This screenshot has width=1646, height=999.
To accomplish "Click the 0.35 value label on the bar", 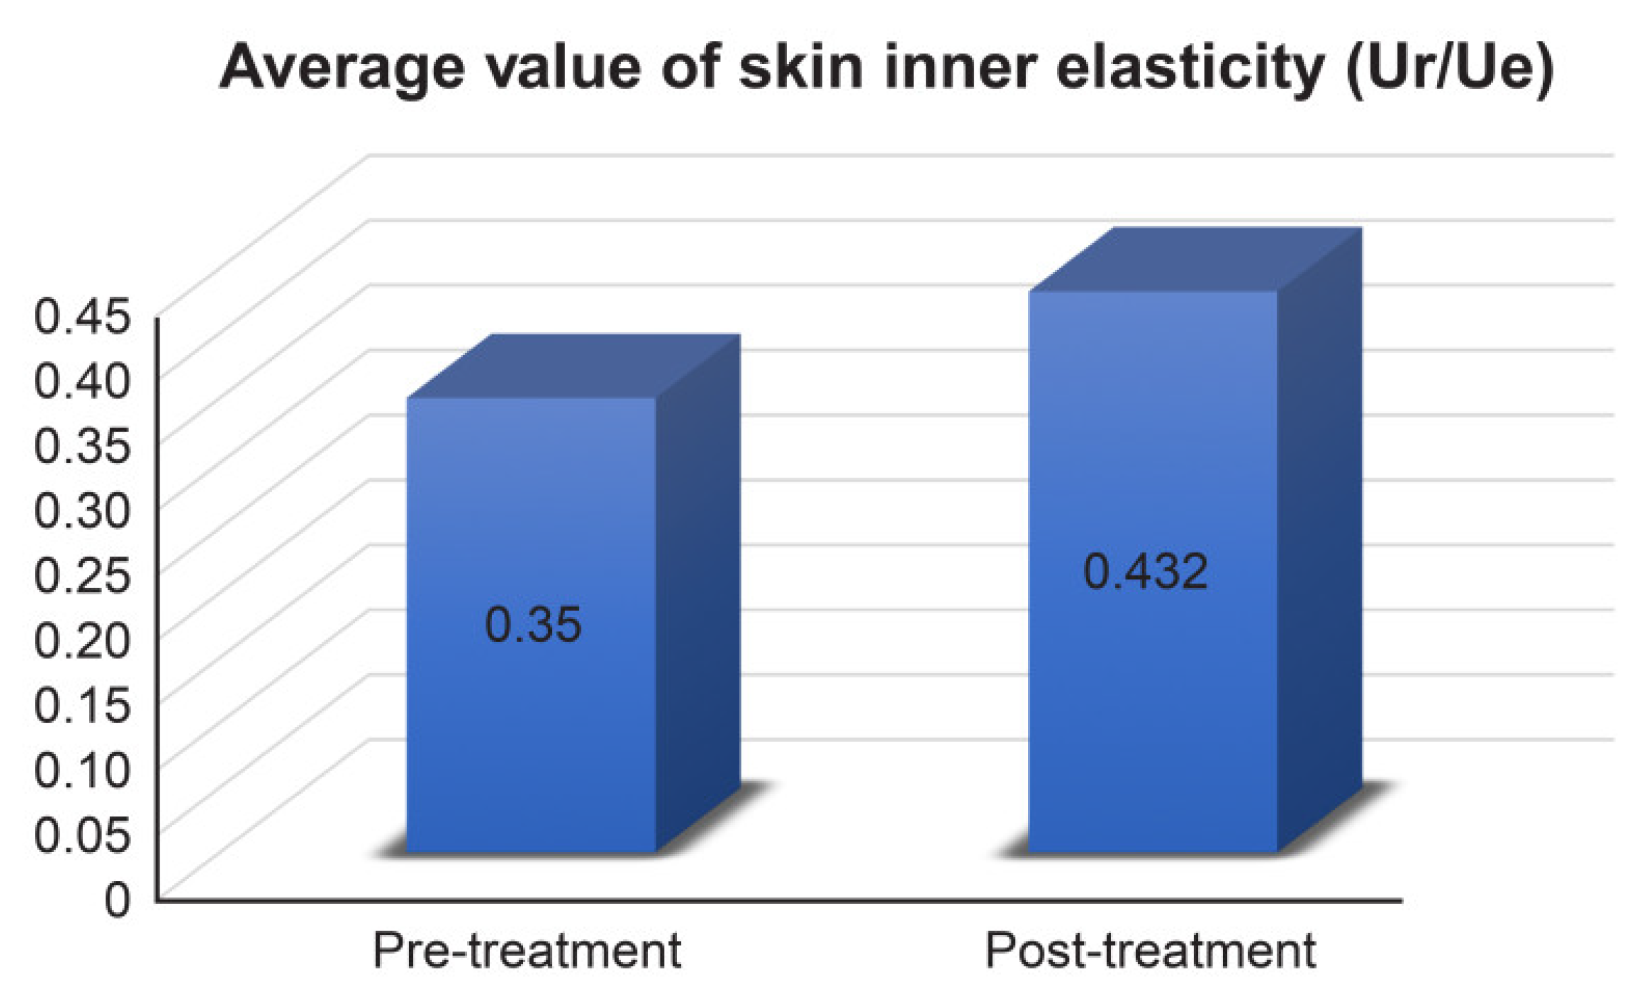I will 532,626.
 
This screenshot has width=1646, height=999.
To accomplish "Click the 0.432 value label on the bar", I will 1145,572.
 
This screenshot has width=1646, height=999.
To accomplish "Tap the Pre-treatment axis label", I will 526,950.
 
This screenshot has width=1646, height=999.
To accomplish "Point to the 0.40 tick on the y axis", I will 81,381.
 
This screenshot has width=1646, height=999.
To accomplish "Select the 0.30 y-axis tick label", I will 81,511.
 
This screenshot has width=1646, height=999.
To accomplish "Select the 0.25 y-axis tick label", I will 81,575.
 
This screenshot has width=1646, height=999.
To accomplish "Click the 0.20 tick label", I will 81,640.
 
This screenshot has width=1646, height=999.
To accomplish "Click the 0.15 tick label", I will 81,705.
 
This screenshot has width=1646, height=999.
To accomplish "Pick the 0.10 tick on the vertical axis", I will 81,770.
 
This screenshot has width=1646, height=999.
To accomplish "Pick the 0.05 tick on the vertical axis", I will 81,835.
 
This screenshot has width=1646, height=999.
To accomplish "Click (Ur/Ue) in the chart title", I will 1449,69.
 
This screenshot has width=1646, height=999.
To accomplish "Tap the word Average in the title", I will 341,69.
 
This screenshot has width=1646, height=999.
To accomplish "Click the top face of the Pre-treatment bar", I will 575,366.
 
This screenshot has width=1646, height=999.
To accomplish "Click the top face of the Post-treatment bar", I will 1196,259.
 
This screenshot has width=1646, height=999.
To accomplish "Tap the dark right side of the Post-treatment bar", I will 1319,534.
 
